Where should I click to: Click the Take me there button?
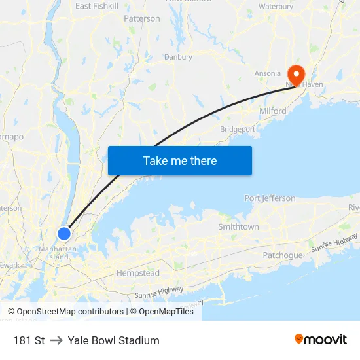coord(180,160)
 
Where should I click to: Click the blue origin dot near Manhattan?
coord(64,233)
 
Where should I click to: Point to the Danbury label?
coord(178,57)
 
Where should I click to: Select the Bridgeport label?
coord(238,130)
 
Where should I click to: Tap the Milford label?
coord(273,111)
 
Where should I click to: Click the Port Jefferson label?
coord(270,198)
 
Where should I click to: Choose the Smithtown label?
coord(238,226)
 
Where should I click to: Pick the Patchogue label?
coord(283,255)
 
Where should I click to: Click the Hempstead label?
coord(137,272)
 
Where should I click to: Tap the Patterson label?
coord(142,19)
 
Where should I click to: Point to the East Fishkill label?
coord(96,6)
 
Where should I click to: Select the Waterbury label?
coord(276,6)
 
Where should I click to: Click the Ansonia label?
coord(267,73)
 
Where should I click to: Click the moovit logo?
coord(321,340)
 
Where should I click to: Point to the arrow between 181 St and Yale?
coord(56,340)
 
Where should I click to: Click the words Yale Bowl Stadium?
coord(113,340)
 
